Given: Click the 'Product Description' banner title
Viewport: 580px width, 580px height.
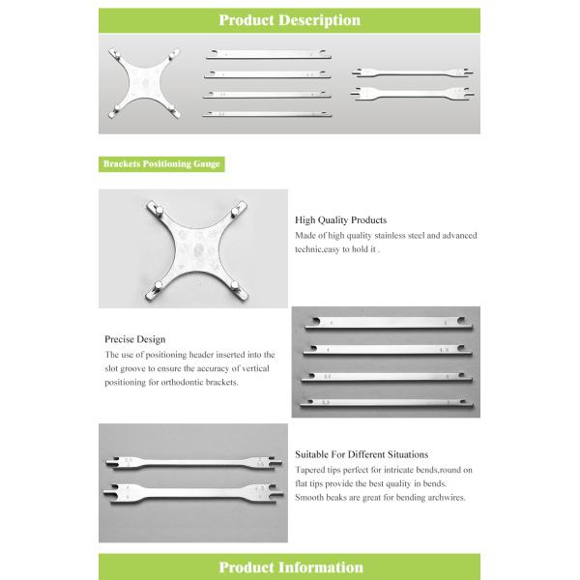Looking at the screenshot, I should pos(289,19).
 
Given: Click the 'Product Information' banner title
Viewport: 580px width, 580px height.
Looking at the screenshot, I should pos(290,567).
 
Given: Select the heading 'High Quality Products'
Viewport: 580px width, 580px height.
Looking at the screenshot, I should pos(340,220).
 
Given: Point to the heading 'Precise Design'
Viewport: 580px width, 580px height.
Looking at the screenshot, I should pos(134,339).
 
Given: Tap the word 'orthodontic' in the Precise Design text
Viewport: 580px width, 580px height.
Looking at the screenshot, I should pos(199,382).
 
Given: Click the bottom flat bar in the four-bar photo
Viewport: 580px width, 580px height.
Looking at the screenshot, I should pos(388,401).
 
